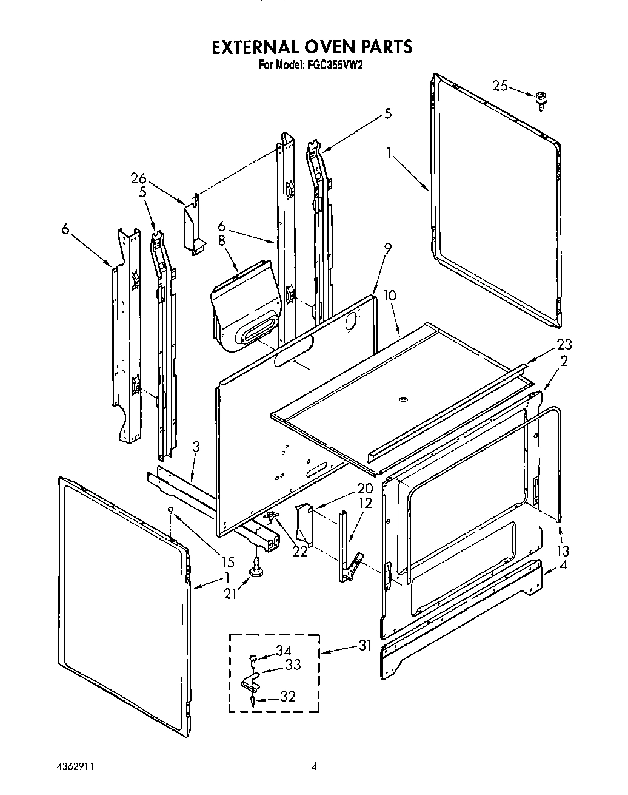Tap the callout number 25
pyautogui.click(x=500, y=87)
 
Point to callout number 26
pyautogui.click(x=139, y=178)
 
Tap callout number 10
pyautogui.click(x=390, y=296)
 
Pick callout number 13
pyautogui.click(x=563, y=551)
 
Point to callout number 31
pyautogui.click(x=364, y=646)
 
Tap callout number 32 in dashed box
pyautogui.click(x=288, y=697)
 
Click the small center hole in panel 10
pyautogui.click(x=403, y=399)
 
